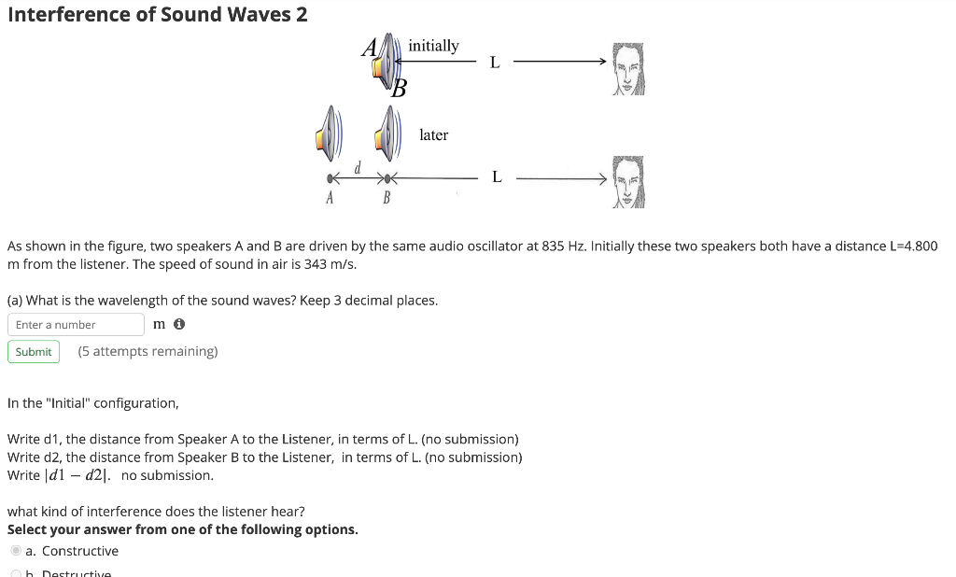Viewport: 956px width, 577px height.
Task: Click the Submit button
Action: tap(34, 352)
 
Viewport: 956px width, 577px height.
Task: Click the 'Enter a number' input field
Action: tap(76, 324)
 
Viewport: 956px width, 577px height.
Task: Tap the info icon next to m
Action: tap(179, 324)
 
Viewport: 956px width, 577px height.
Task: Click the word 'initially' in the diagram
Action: tap(433, 46)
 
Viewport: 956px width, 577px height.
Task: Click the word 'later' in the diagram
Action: tap(433, 135)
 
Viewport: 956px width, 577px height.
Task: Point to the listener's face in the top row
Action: tap(628, 69)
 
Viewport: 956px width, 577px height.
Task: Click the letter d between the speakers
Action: tap(357, 167)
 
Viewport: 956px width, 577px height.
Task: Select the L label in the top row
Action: tap(495, 63)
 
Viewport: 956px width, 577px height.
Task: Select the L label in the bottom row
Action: tap(496, 176)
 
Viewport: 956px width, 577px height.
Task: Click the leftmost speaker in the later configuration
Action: tap(326, 132)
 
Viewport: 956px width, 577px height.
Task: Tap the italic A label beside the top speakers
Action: tap(370, 46)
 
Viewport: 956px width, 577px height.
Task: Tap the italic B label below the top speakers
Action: tap(399, 90)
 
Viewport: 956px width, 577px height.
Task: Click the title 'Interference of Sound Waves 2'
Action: tap(158, 15)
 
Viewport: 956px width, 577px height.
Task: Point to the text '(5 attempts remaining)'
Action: tap(148, 352)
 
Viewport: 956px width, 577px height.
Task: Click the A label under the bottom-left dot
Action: tap(329, 198)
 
